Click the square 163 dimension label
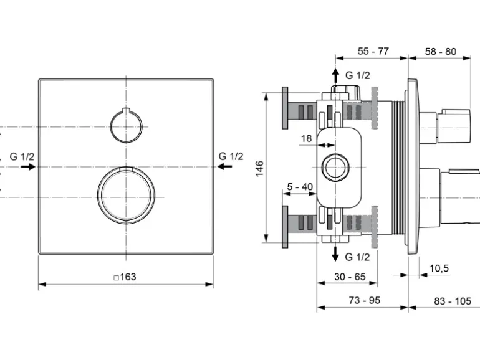click(125, 277)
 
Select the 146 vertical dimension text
click(259, 168)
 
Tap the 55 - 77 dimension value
click(373, 51)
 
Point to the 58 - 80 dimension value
click(441, 52)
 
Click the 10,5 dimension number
click(439, 268)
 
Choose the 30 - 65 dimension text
click(350, 277)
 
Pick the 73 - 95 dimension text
click(364, 300)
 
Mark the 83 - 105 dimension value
click(453, 301)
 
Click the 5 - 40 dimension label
click(300, 187)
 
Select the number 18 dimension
click(307, 138)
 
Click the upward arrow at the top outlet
click(335, 75)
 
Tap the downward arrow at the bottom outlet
click(335, 253)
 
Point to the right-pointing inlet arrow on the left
click(28, 167)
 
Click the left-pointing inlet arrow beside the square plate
click(224, 166)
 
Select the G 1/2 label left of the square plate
click(22, 156)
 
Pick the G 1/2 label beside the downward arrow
click(357, 257)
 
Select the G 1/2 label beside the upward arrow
click(358, 75)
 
